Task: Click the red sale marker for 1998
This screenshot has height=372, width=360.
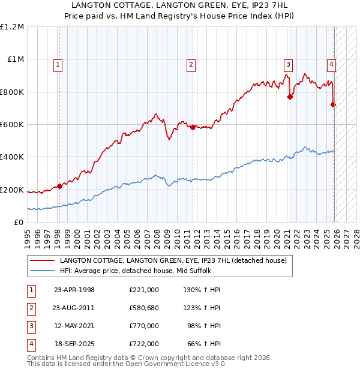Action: (x=59, y=186)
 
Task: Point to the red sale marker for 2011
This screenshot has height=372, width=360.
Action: (x=193, y=127)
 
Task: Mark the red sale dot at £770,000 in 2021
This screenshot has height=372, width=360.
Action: (x=290, y=97)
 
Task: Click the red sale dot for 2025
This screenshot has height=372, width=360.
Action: (x=334, y=104)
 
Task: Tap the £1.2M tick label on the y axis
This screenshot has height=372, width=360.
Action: (x=12, y=27)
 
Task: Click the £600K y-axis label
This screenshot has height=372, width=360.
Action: (x=12, y=125)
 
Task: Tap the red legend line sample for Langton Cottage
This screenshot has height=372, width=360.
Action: (x=42, y=260)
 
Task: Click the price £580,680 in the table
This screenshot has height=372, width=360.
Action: (x=143, y=308)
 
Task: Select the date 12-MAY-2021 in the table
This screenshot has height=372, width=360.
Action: (x=74, y=326)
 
